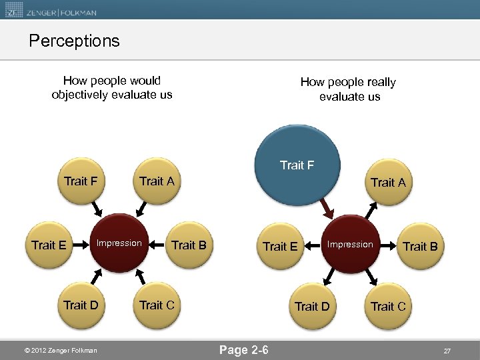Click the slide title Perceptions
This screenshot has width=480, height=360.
[x=74, y=41]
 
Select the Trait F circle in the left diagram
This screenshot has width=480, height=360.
[x=81, y=181]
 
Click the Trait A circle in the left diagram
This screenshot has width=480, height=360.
[x=157, y=181]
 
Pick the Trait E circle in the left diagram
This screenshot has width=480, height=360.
[x=49, y=245]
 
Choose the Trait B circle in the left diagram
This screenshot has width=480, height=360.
[x=189, y=245]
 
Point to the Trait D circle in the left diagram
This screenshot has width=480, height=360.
[x=81, y=305]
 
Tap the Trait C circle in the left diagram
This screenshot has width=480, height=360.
[x=157, y=305]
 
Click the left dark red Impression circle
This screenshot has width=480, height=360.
[x=119, y=243]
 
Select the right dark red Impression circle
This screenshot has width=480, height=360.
[x=350, y=245]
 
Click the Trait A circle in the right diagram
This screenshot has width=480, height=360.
[x=388, y=183]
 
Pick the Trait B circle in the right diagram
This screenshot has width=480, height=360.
[x=420, y=246]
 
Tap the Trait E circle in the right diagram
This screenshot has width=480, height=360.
[x=280, y=246]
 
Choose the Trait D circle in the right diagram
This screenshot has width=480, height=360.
[x=312, y=307]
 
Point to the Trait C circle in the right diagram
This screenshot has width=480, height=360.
[x=388, y=307]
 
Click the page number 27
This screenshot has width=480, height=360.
[x=447, y=350]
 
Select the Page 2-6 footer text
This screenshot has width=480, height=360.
[x=244, y=349]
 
